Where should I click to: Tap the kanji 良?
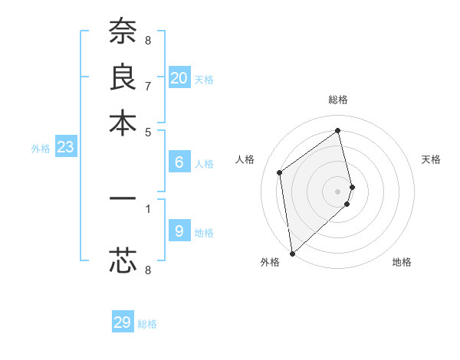pos(123,77)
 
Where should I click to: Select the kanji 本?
pos(123,123)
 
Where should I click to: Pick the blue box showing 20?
pos(179,78)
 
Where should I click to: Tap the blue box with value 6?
pos(179,162)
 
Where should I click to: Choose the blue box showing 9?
pos(179,231)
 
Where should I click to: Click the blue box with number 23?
pos(65,147)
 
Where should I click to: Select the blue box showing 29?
pos(123,322)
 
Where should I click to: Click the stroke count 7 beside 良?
pos(148,85)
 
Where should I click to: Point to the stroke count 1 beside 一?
pos(148,208)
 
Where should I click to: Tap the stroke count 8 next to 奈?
pos(148,39)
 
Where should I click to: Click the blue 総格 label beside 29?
pos(147,324)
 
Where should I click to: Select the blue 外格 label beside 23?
pos(41,149)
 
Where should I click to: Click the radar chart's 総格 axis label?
pos(338,100)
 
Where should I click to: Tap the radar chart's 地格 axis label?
pos(402,262)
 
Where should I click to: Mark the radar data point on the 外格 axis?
pos(292,253)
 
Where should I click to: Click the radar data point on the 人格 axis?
pos(280,172)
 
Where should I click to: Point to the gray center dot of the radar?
pos(338,190)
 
